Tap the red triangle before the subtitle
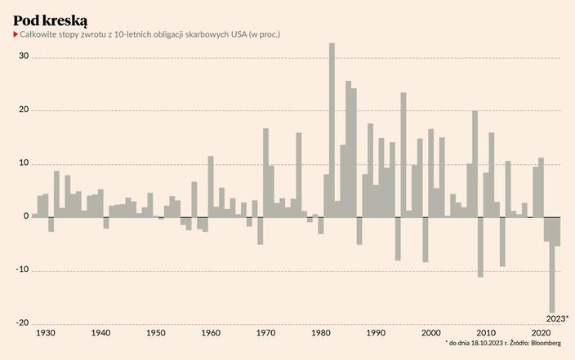tap(16, 35)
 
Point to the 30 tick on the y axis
tap(24, 57)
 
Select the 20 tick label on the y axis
tap(24, 110)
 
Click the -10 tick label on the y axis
tap(22, 270)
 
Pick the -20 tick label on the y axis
tap(22, 323)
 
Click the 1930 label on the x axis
tap(46, 333)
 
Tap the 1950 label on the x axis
tap(156, 333)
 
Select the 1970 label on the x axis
tap(265, 333)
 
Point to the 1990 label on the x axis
tap(376, 333)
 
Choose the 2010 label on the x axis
tap(486, 333)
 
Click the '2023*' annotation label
tap(557, 318)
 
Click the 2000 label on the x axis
tap(430, 333)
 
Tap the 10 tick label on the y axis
tap(24, 163)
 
